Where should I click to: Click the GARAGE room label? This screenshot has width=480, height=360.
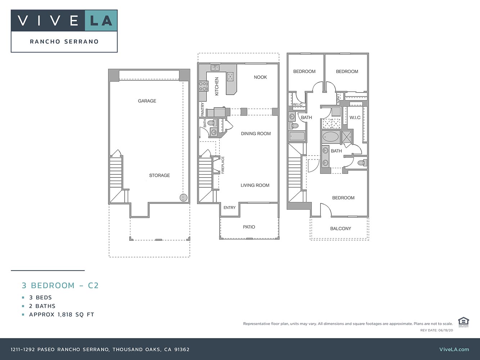[x=147, y=101]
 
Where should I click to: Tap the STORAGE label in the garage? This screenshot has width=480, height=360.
[x=160, y=175]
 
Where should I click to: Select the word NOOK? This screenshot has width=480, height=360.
[x=260, y=77]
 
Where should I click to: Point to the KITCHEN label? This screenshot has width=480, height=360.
[x=217, y=86]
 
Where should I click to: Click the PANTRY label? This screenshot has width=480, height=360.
[x=202, y=109]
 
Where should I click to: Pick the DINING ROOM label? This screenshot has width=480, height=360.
[x=256, y=134]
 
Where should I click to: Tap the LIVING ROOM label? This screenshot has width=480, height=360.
[x=255, y=185]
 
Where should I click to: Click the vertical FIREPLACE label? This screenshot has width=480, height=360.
[x=223, y=165]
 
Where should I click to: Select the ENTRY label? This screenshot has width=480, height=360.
[x=229, y=208]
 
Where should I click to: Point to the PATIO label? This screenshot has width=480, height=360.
[x=249, y=227]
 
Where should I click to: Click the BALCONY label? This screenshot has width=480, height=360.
[x=340, y=229]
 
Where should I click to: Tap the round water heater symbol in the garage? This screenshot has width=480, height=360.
[x=184, y=197]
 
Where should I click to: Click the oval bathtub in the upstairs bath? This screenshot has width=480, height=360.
[x=331, y=137]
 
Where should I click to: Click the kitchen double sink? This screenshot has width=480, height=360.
[x=215, y=68]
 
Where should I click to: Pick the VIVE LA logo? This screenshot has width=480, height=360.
[x=64, y=21]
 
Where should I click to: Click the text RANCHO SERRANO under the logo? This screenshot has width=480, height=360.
[x=64, y=41]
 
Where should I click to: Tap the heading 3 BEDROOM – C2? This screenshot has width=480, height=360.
[x=60, y=285]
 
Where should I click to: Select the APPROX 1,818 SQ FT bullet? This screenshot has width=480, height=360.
[x=62, y=314]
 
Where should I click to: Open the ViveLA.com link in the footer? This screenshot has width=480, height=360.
[x=454, y=349]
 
